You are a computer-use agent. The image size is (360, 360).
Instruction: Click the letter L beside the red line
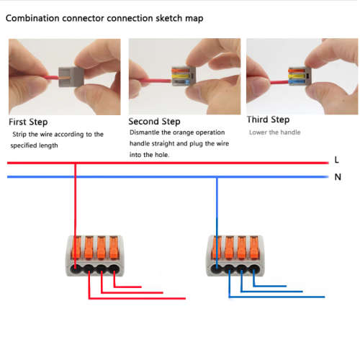click(337, 160)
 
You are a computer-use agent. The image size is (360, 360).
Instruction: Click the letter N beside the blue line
click(338, 177)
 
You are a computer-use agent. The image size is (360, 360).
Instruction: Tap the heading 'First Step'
click(28, 122)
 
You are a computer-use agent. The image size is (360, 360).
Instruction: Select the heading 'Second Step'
click(154, 122)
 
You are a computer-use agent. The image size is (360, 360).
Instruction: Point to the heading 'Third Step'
click(269, 120)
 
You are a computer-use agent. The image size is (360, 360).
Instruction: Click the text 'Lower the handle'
click(275, 132)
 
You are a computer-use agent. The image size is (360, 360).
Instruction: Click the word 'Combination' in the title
click(32, 18)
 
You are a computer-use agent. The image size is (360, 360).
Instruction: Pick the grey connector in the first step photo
click(71, 77)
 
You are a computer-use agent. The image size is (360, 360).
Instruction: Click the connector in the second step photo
click(184, 76)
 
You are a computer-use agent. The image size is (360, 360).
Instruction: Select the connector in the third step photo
click(300, 76)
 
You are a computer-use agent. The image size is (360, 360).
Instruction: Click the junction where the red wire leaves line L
click(75, 163)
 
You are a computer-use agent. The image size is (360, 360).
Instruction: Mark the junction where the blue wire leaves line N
click(217, 177)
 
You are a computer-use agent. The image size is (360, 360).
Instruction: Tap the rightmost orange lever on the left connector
click(114, 248)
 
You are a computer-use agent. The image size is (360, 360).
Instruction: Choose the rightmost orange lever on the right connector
click(255, 248)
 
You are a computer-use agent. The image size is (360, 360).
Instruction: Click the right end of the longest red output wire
click(185, 298)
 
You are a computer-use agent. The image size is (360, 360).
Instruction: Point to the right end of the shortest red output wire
click(141, 287)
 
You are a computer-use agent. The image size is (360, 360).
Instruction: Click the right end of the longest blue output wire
click(324, 297)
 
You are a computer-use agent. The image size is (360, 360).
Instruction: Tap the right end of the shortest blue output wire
click(286, 286)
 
